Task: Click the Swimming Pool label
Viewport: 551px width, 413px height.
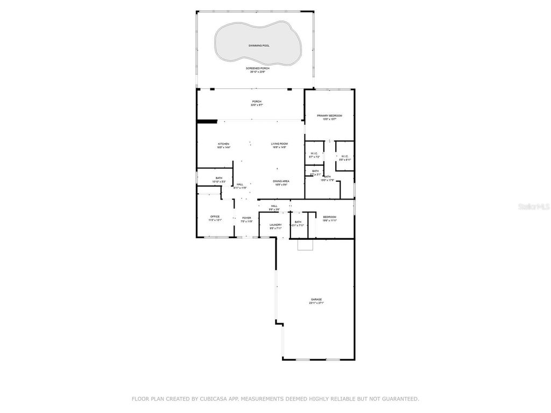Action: pos(259,46)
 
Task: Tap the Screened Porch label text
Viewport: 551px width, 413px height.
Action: pos(258,68)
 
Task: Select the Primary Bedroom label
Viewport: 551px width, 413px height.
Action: pos(329,116)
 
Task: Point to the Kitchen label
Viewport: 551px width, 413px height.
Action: pos(223,144)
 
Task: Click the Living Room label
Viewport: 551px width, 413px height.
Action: pos(279,144)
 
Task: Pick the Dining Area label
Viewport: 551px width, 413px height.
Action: pos(281,181)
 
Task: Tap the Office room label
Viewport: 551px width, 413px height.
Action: pos(215,217)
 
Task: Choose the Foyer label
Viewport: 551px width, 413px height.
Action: pos(246,218)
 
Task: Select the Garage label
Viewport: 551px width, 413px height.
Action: pos(316,300)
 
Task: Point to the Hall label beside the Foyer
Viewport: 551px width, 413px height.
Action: pos(239,185)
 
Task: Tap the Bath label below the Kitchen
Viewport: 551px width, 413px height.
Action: pos(219,178)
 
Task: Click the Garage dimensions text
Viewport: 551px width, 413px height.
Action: pos(316,303)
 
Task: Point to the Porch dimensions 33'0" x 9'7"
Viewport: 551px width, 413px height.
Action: pos(257,105)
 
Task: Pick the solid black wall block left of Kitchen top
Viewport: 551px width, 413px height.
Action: pos(207,121)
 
